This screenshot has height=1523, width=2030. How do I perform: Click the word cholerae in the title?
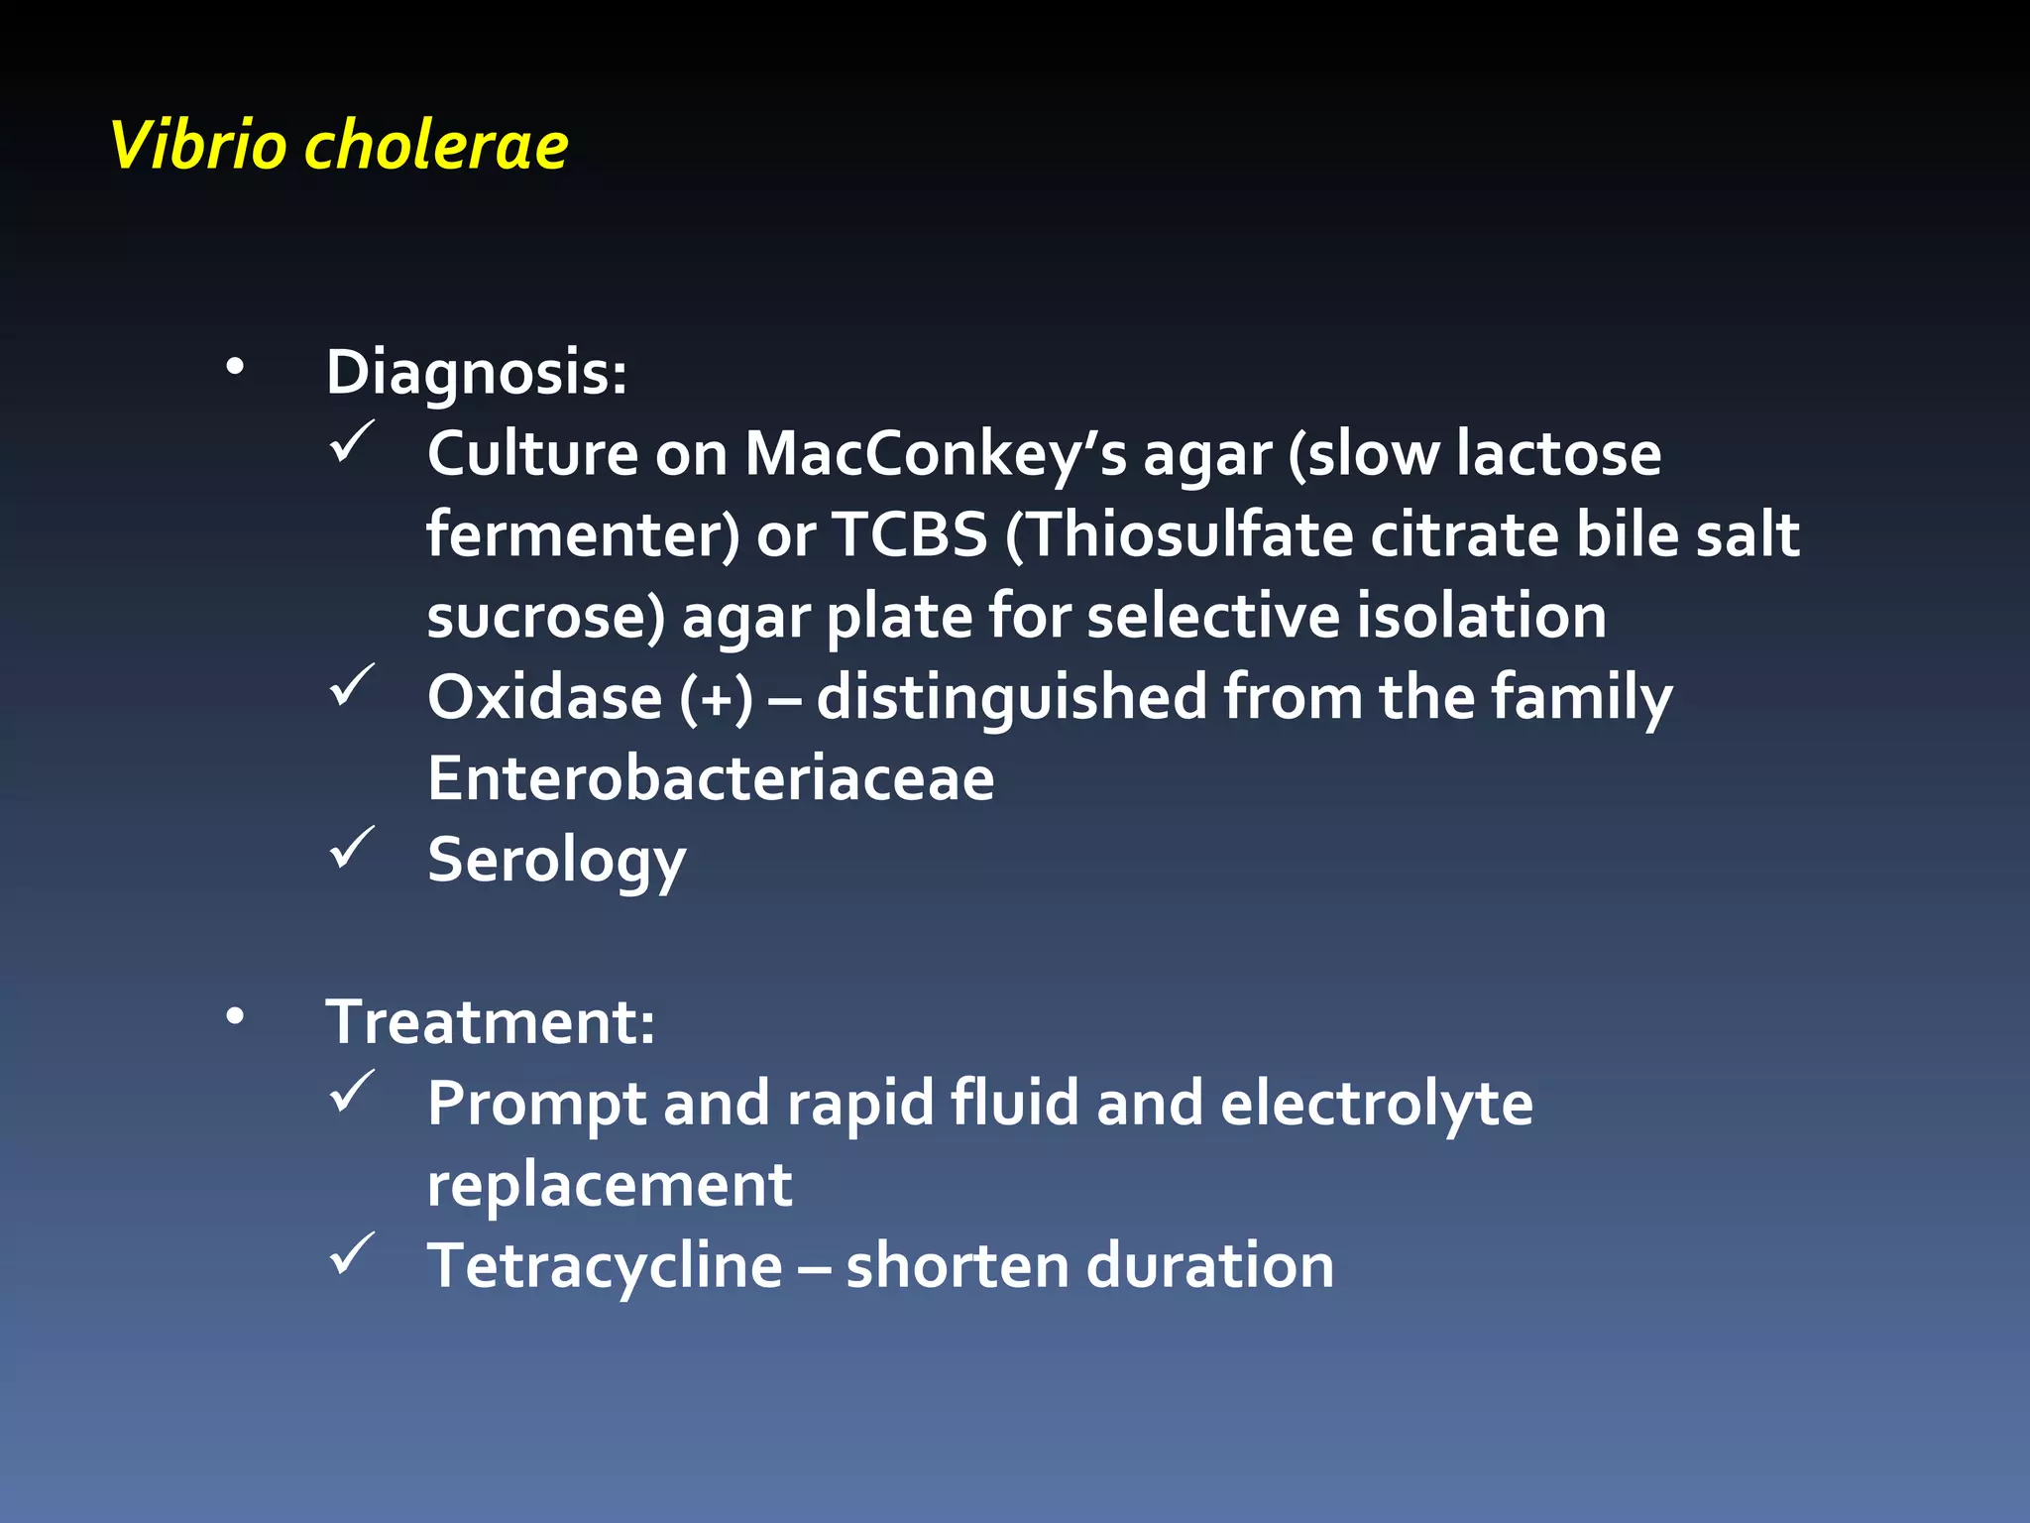(436, 146)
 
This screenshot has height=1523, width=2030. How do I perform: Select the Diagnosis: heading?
(476, 373)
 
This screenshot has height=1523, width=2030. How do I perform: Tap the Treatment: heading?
(490, 1021)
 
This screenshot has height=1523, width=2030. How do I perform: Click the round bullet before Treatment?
(234, 1016)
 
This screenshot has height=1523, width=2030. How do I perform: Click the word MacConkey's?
(936, 454)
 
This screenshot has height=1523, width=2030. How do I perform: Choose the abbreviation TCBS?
(910, 535)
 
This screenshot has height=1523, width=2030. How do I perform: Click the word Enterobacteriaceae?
(711, 778)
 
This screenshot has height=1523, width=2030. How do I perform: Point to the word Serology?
(556, 861)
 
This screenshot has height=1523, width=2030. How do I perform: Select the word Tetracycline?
(605, 1266)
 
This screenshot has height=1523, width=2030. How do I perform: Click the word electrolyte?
(1376, 1104)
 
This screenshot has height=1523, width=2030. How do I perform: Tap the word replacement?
(609, 1185)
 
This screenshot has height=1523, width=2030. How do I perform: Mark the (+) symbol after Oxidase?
(716, 698)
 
